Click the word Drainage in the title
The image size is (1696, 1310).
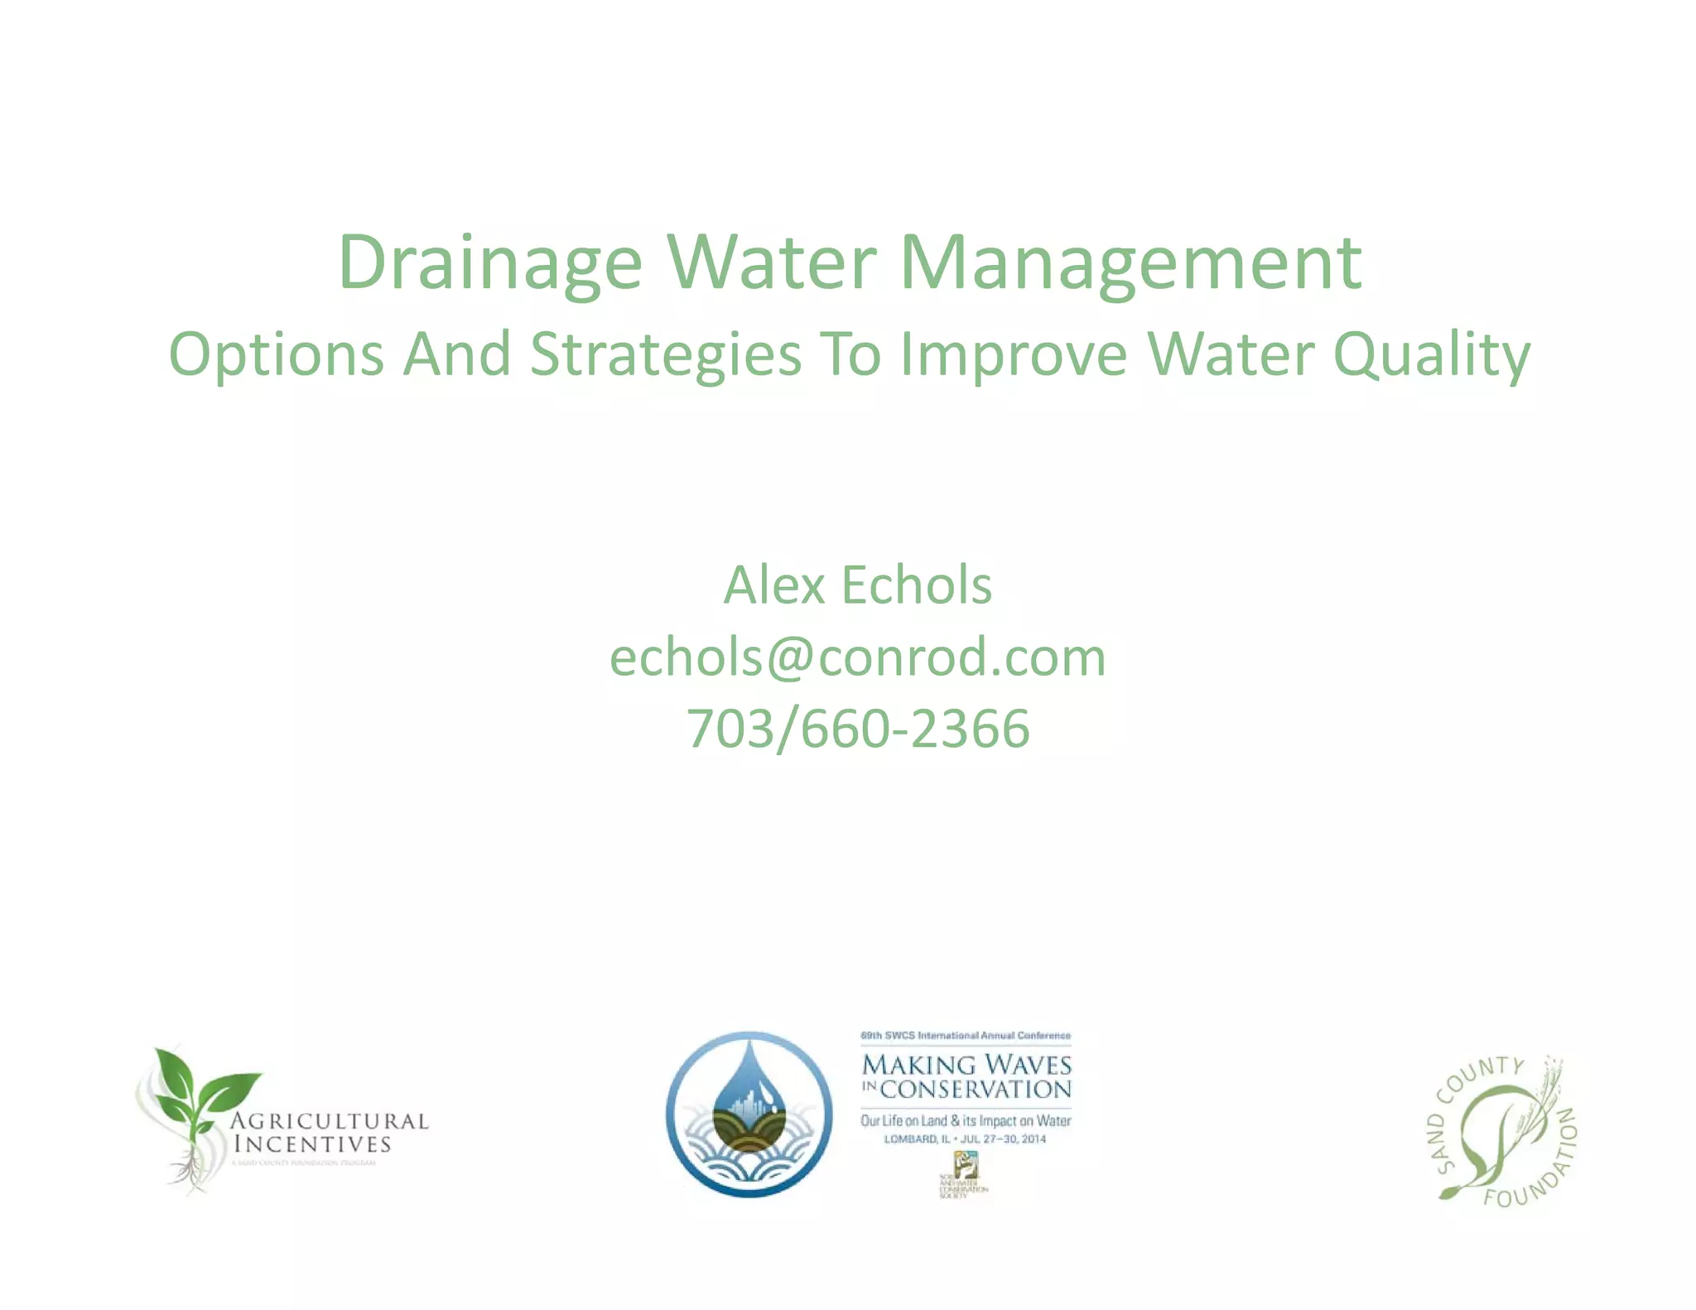[x=490, y=263]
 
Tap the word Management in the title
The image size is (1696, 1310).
[x=1130, y=263]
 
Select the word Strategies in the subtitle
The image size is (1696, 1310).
[x=666, y=354]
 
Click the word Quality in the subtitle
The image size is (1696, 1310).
[x=1432, y=354]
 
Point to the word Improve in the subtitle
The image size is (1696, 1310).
[x=1014, y=354]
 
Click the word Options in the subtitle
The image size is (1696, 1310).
[x=276, y=354]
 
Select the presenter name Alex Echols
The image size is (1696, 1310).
[x=857, y=585]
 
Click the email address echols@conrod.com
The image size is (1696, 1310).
[x=857, y=657]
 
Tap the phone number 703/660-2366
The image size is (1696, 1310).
[x=857, y=729]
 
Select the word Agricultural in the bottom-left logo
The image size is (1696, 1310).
[x=329, y=1121]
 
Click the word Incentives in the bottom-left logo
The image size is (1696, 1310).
[x=312, y=1144]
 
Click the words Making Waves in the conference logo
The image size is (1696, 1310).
[x=966, y=1064]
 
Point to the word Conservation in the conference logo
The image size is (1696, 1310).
[x=976, y=1090]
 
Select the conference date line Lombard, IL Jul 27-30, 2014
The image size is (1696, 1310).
[x=965, y=1139]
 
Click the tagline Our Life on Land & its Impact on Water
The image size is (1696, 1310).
[x=966, y=1120]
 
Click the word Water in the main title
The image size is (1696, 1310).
[x=771, y=263]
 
